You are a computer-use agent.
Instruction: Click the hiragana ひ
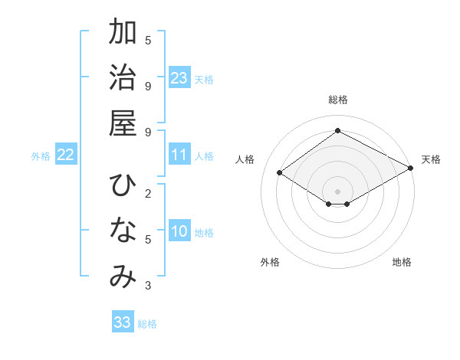point(123,186)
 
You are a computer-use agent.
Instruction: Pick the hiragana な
point(123,231)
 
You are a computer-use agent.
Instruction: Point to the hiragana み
point(123,277)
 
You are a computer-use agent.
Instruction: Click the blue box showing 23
point(179,78)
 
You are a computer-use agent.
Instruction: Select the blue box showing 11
point(179,155)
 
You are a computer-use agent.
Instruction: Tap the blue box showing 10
point(179,231)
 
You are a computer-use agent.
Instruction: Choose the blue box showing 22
point(65,155)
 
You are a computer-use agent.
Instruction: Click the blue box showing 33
point(123,322)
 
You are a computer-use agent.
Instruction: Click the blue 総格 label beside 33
point(147,324)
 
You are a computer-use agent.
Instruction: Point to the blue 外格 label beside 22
point(41,156)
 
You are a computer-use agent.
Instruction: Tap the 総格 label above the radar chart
point(337,100)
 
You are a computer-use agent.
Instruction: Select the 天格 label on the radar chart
point(432,159)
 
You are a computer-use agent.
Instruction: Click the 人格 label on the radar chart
point(245,159)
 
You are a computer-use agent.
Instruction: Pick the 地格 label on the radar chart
point(402,262)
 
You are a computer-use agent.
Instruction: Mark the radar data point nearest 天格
point(412,169)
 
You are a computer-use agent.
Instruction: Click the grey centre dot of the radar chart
point(337,191)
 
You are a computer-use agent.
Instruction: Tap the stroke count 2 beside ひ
point(147,192)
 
